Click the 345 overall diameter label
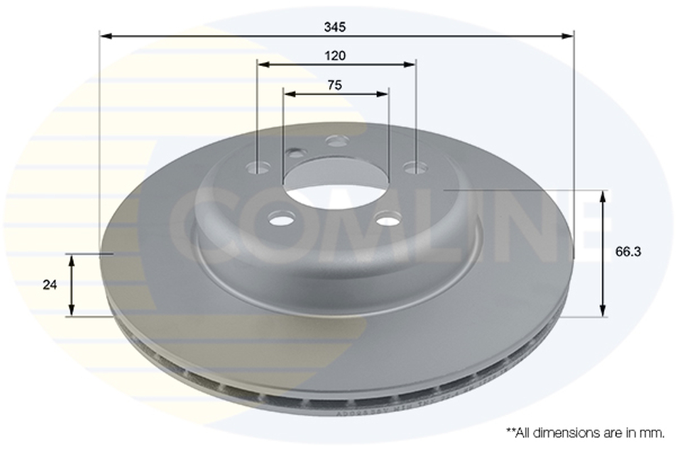point(335,27)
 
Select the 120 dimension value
point(335,55)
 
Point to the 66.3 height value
point(628,252)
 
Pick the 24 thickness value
point(49,285)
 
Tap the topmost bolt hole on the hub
point(337,141)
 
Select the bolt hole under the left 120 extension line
point(258,167)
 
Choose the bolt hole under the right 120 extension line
point(414,166)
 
